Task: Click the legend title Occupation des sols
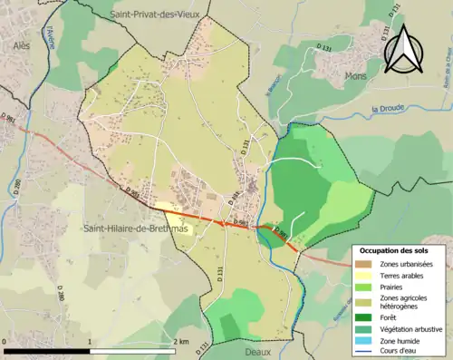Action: [x=395, y=249]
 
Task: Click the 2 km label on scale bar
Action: [x=181, y=341]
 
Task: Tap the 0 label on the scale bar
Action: [x=6, y=341]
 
